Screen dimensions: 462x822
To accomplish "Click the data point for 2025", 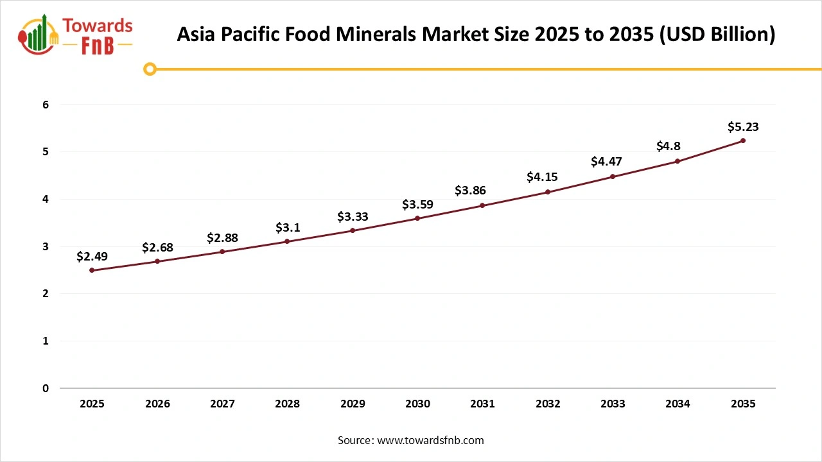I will [x=92, y=270].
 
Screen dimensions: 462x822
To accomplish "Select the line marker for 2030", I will [x=417, y=218].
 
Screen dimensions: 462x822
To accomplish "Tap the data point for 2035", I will [x=743, y=141].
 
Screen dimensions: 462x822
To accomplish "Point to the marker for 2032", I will [x=548, y=192].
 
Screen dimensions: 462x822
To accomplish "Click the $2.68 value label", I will [x=157, y=247].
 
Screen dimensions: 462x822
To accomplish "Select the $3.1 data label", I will [x=287, y=227].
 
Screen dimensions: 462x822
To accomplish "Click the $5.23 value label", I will [x=743, y=126].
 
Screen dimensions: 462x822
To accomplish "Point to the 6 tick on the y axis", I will [x=46, y=105].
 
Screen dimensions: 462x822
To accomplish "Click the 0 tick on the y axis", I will [x=46, y=388].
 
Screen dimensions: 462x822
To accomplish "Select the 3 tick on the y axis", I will [x=46, y=246].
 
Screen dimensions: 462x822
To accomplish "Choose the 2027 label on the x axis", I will [x=222, y=404].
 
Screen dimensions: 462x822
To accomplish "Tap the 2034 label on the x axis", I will [x=678, y=404].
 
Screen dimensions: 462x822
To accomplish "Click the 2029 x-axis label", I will [x=353, y=404].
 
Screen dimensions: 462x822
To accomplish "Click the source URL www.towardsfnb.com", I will [x=430, y=440].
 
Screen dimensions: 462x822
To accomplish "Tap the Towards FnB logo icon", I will [x=39, y=35].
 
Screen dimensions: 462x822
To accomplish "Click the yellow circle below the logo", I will [x=150, y=69].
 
